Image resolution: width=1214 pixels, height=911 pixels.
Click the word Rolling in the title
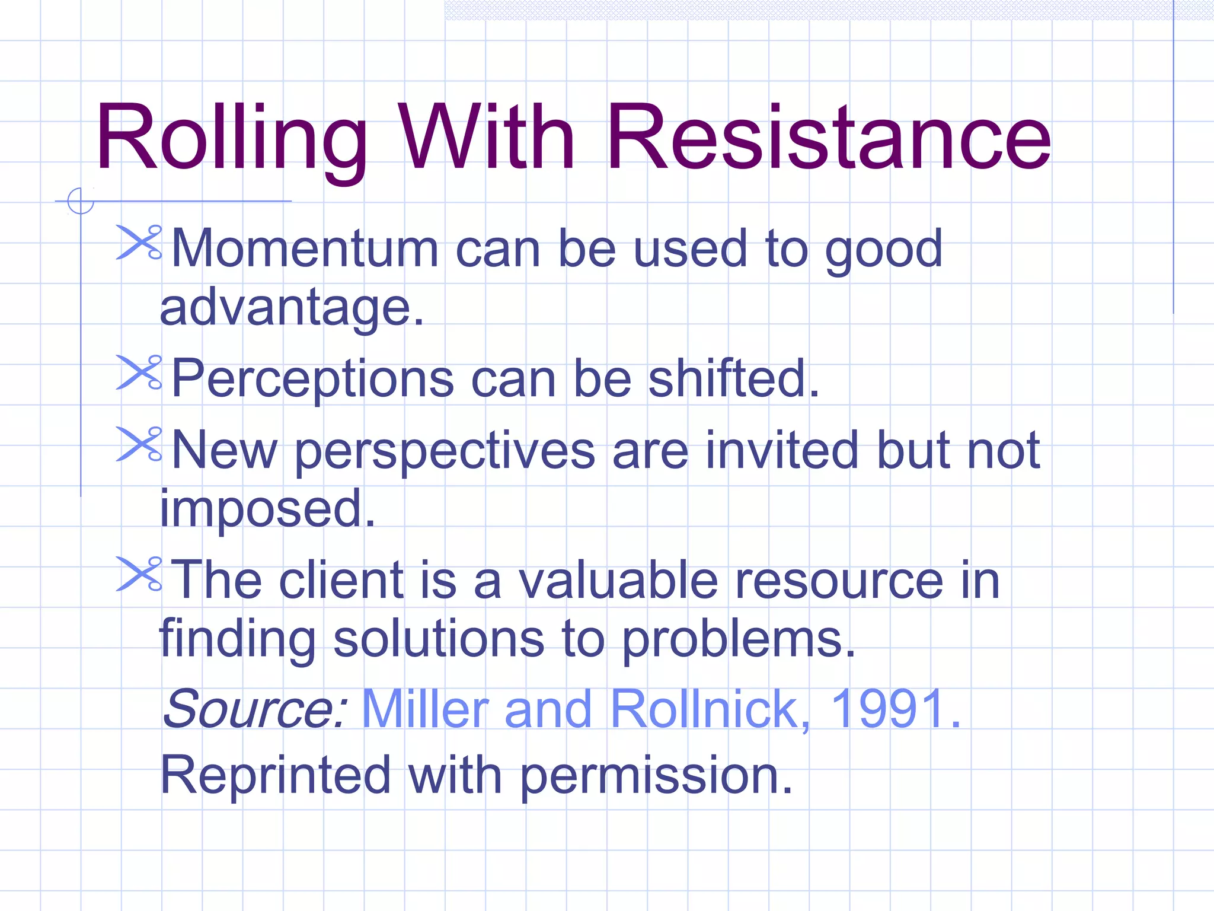(231, 138)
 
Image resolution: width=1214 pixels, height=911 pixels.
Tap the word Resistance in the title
(828, 138)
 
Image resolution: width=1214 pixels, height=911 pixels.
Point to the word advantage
(292, 308)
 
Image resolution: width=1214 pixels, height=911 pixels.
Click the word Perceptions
(312, 379)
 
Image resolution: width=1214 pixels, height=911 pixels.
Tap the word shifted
(733, 379)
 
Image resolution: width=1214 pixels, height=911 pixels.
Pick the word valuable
(618, 581)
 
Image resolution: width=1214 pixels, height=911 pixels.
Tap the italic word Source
(254, 709)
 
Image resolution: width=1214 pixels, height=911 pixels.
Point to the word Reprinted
(276, 775)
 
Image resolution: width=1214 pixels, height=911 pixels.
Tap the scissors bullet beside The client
(139, 574)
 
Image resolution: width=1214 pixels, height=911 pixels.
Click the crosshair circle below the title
(81, 201)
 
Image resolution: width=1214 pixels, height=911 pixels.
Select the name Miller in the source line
(425, 709)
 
